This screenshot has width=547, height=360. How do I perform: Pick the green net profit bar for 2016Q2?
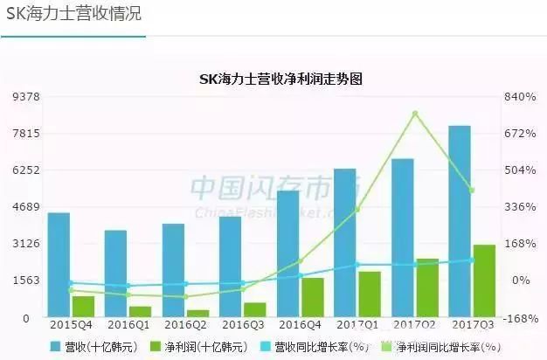(x=197, y=313)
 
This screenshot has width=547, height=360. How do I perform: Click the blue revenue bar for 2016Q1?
(x=115, y=273)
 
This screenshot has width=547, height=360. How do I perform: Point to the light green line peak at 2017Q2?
(x=415, y=114)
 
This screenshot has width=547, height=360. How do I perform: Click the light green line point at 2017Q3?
(x=472, y=190)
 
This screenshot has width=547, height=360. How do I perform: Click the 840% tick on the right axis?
(x=518, y=96)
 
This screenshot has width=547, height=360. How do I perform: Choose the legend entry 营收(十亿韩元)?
(x=92, y=347)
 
